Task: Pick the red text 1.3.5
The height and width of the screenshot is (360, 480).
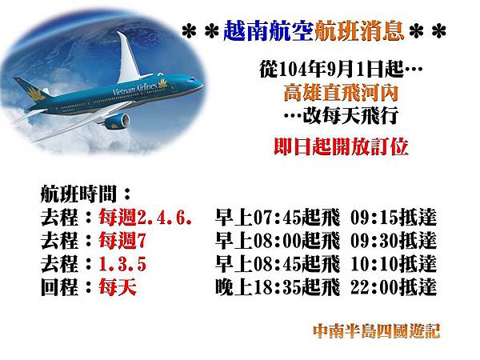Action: point(122,264)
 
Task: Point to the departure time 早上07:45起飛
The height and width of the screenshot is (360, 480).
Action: point(271,218)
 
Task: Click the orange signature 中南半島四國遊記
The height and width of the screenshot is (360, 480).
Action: point(376,330)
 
